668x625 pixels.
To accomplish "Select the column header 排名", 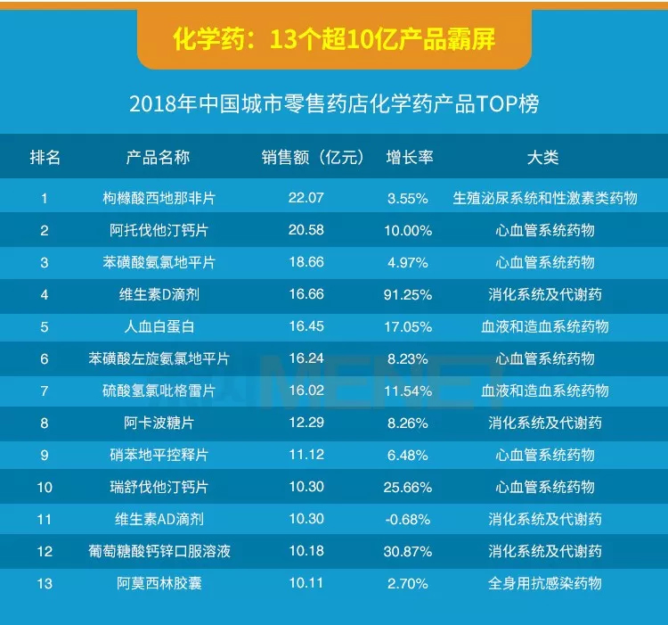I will (x=45, y=158).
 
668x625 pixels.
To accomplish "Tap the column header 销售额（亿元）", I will (x=314, y=158).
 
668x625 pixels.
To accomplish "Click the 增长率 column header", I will (x=409, y=158).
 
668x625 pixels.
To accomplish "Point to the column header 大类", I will (x=542, y=158).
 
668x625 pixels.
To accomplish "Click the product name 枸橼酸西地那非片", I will (x=159, y=198).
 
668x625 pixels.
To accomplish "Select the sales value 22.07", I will (x=306, y=198).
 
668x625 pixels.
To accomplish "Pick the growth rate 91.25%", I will (x=409, y=294).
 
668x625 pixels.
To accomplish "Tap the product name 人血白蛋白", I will (x=159, y=326).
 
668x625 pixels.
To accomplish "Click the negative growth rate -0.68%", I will (x=409, y=519).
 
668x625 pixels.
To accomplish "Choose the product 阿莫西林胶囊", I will (x=159, y=583).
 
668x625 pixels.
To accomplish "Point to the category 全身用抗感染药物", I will (x=545, y=583).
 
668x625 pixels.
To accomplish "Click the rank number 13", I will (x=45, y=583).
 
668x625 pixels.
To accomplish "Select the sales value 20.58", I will (x=306, y=230).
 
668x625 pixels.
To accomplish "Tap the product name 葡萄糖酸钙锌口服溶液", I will (x=159, y=551).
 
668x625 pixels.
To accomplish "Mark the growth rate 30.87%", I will (x=409, y=551).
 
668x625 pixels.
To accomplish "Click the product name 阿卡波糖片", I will (x=159, y=423).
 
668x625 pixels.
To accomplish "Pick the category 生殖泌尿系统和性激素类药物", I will (x=545, y=198).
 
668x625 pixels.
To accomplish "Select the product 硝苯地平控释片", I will (x=159, y=455).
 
